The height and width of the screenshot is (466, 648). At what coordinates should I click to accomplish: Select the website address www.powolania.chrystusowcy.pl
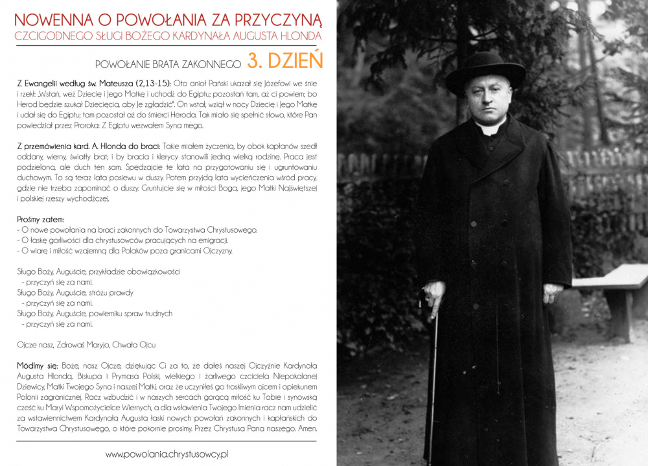click(x=167, y=454)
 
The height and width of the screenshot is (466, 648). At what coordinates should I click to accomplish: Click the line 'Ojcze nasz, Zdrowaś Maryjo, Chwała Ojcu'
click(x=86, y=345)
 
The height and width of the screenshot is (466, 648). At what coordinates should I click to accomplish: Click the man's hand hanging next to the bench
click(x=551, y=292)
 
